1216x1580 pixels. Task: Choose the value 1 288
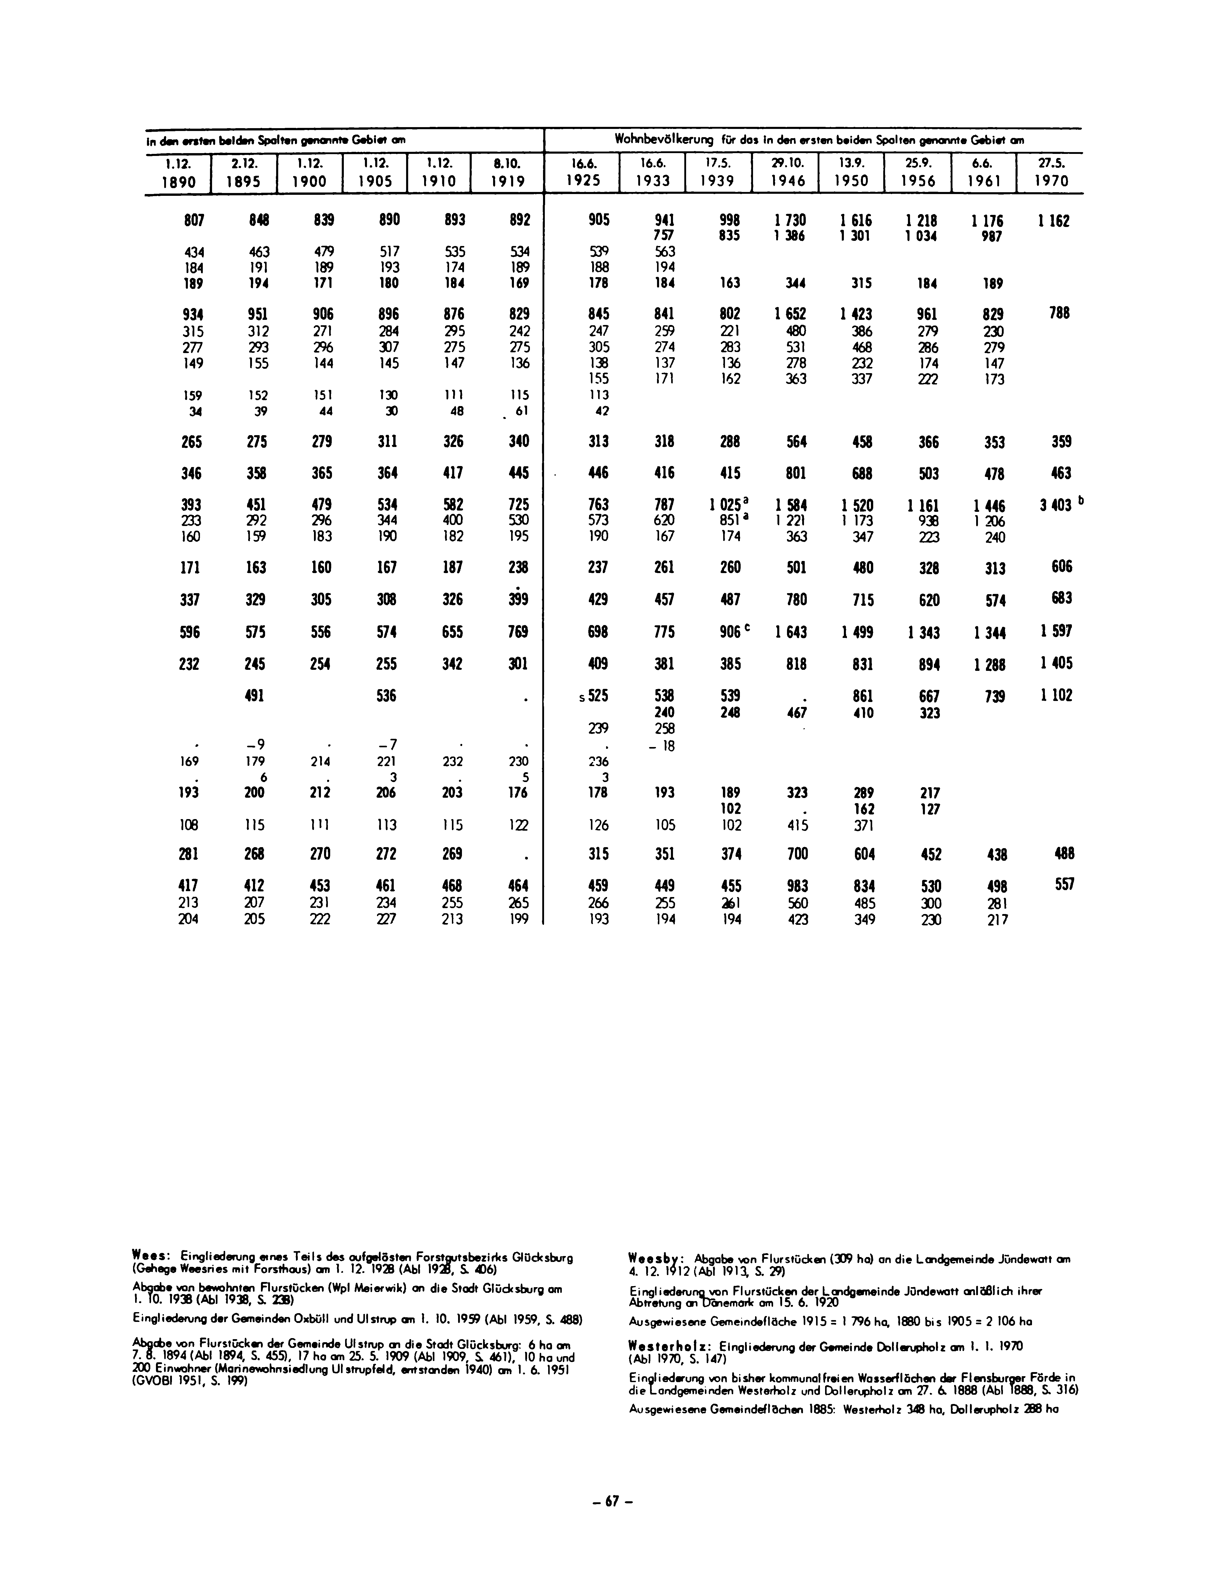pyautogui.click(x=988, y=664)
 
